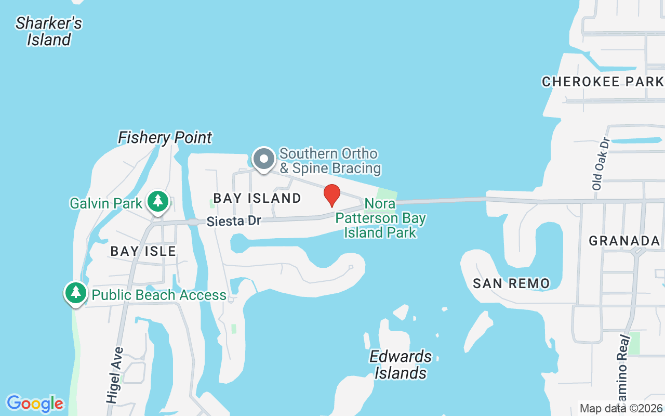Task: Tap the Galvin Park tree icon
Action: (x=157, y=202)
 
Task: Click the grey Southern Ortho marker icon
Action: (x=264, y=159)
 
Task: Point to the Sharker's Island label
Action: (x=49, y=31)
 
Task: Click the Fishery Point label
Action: (x=165, y=137)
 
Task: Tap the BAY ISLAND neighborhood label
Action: (x=257, y=198)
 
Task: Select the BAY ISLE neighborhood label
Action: (x=143, y=251)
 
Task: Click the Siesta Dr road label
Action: (x=233, y=221)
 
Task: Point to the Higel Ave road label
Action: (x=114, y=375)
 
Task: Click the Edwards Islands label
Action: (x=401, y=365)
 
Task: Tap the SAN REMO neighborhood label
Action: (x=511, y=283)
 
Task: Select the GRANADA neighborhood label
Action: (x=624, y=241)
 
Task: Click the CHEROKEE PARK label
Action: (x=603, y=82)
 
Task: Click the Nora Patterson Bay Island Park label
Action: (x=381, y=218)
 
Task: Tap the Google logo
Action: (x=35, y=404)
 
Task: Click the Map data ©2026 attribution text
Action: (x=621, y=408)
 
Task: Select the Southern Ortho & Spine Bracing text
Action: (x=330, y=161)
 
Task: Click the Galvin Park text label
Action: (x=106, y=203)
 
